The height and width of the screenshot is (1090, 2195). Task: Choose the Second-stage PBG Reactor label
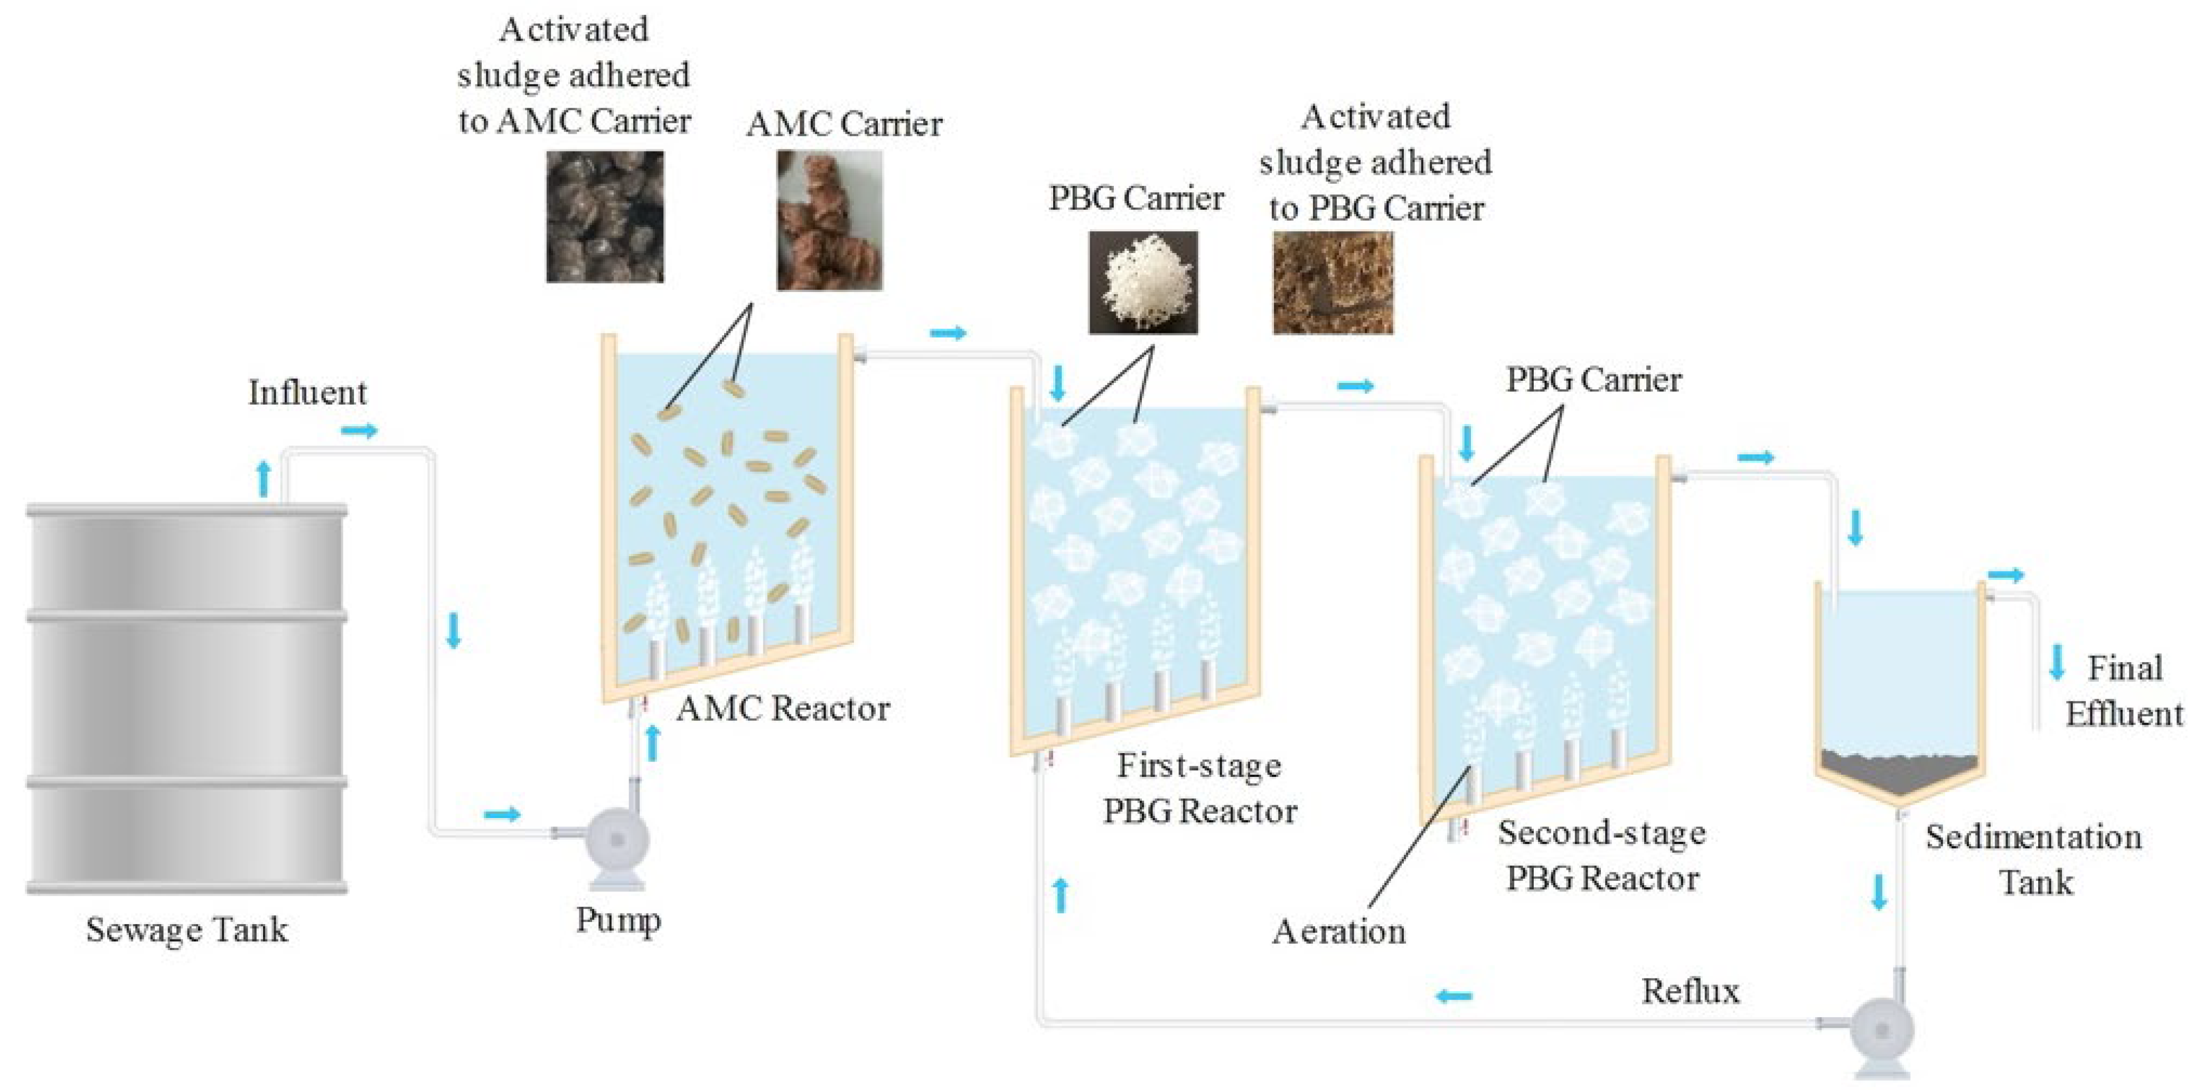coord(1602,856)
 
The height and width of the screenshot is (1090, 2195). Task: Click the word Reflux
coord(1691,991)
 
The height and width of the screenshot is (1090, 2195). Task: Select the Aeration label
coord(1339,932)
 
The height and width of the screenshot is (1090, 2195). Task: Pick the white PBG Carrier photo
coord(1143,282)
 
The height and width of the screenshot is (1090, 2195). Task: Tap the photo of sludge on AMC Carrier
coord(605,217)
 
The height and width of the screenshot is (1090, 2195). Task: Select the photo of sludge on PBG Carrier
coord(1333,282)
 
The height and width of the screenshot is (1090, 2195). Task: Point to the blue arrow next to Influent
coord(359,430)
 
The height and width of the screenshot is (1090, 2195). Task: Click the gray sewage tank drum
coord(186,699)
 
